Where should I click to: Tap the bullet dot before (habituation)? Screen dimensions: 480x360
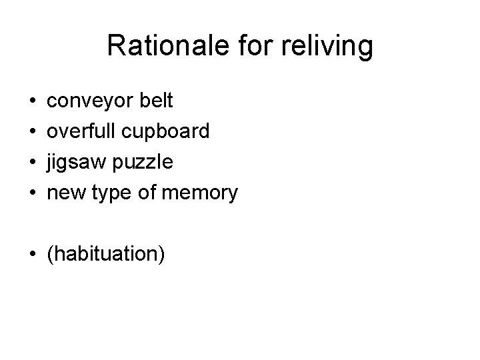pyautogui.click(x=33, y=254)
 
